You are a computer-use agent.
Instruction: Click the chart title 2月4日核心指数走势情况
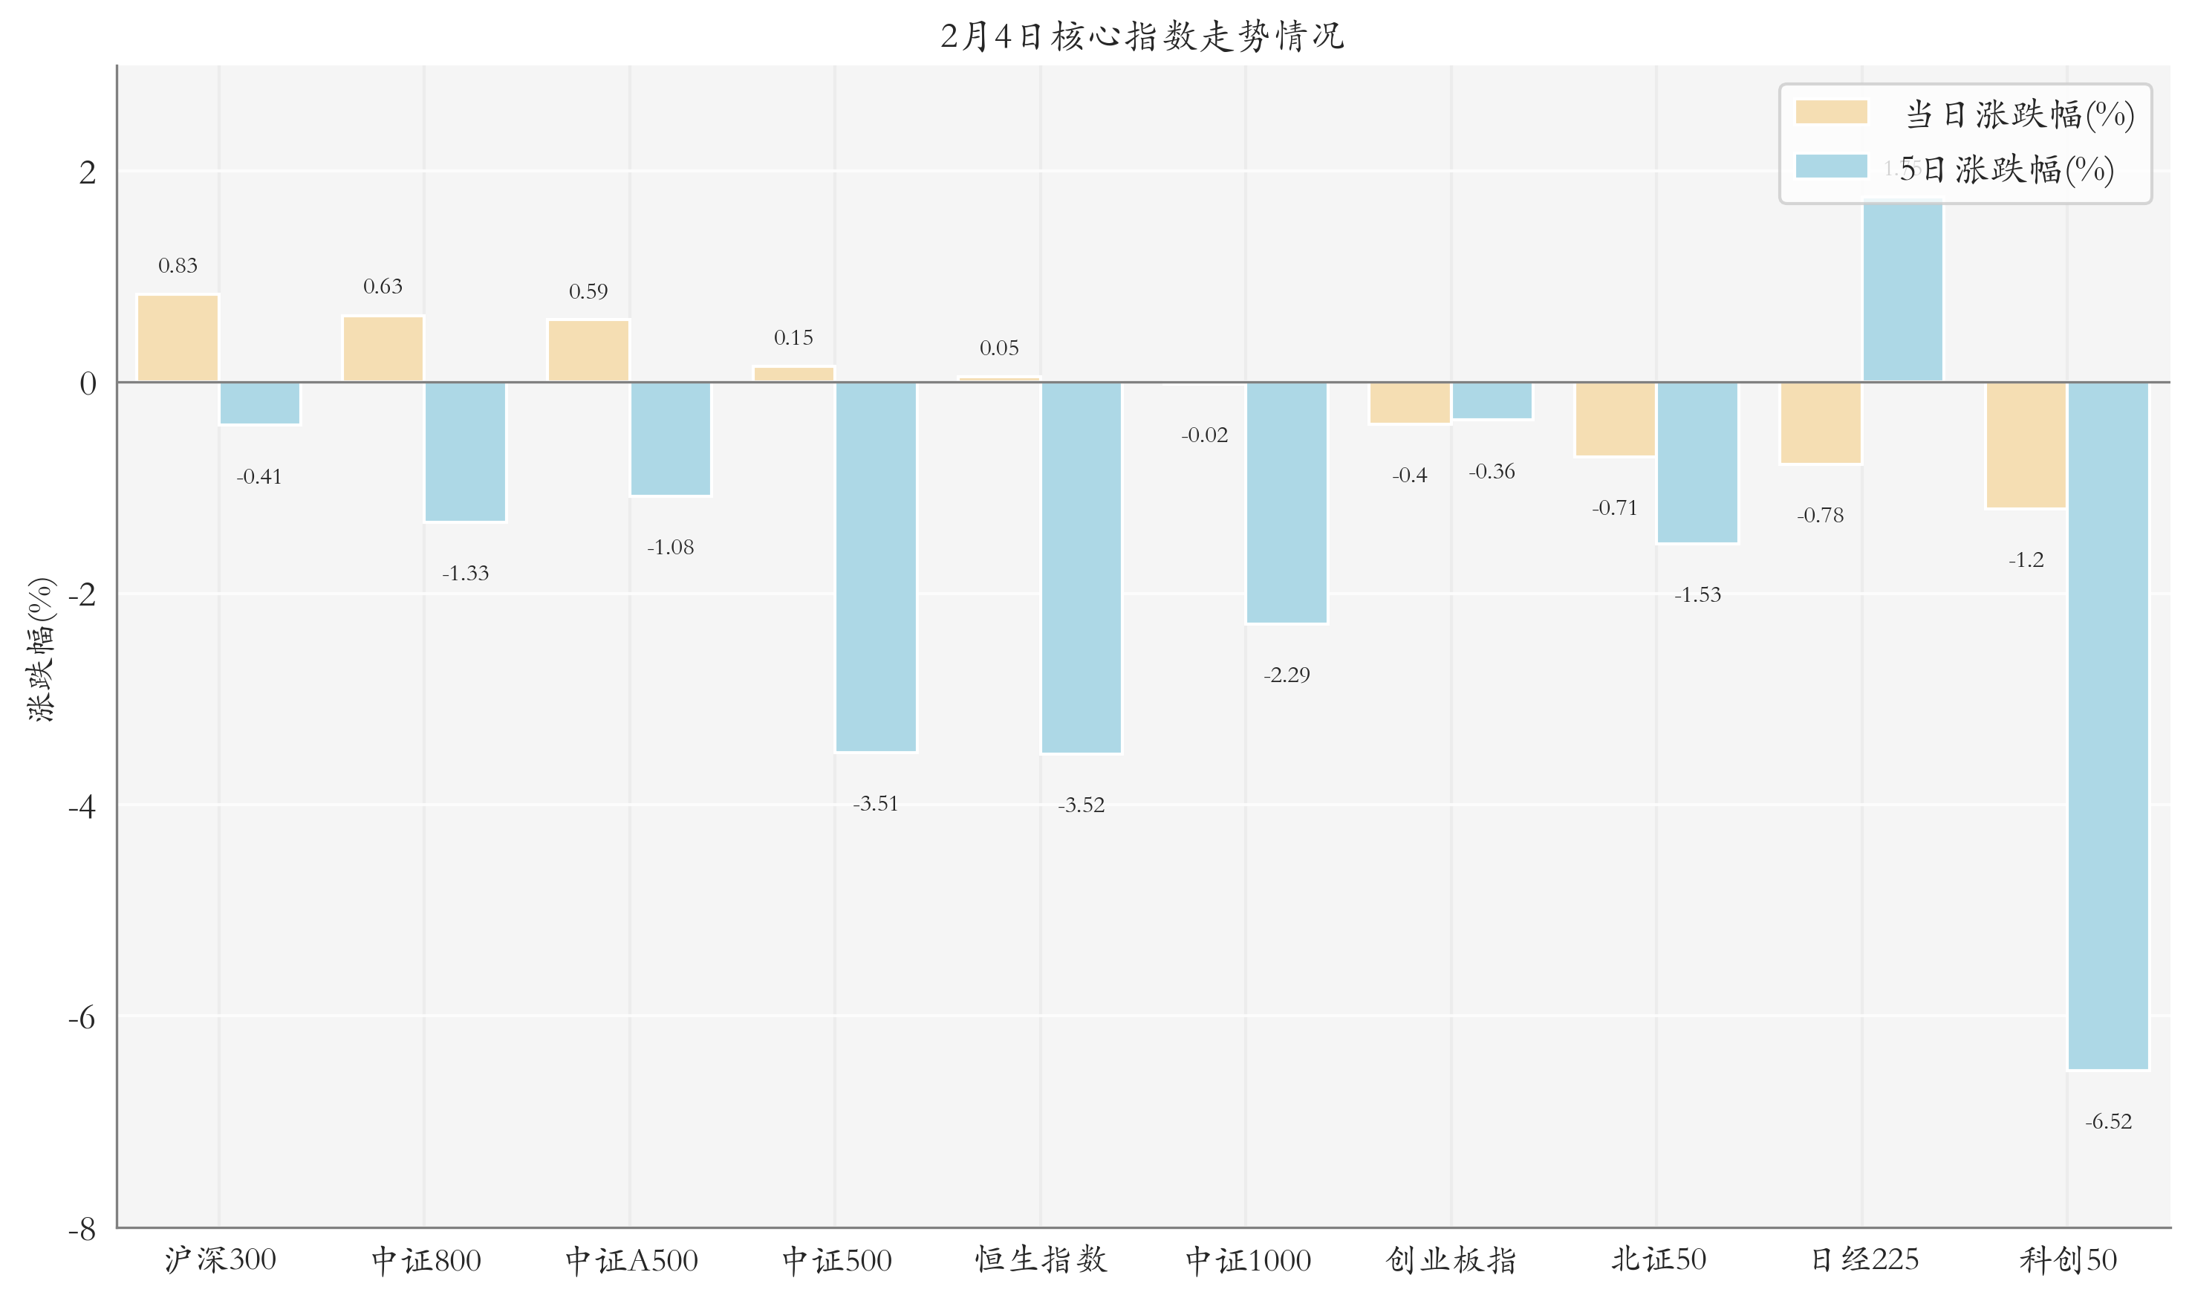[1142, 36]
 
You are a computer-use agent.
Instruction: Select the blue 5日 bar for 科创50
[2107, 725]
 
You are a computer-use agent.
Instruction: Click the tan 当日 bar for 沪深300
[178, 338]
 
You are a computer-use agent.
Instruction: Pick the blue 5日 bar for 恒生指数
[1081, 566]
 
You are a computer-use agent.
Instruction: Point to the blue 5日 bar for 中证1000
[1286, 502]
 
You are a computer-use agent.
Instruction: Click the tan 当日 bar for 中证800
[383, 349]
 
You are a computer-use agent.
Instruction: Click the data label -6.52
[2108, 1121]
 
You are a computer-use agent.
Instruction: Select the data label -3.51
[876, 804]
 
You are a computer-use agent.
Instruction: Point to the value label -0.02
[1204, 435]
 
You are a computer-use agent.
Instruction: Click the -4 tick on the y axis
[82, 805]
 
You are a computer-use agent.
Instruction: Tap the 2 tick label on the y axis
[88, 172]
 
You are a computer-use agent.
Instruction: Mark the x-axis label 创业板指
[1451, 1260]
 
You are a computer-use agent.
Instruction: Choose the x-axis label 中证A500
[631, 1260]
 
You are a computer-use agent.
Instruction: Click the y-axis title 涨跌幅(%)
[41, 649]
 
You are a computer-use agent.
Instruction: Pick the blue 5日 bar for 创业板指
[1492, 400]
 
